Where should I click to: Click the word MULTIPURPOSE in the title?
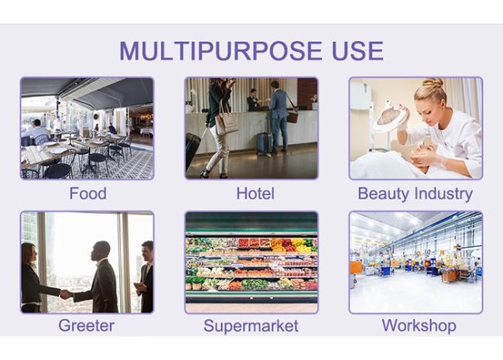coord(221,50)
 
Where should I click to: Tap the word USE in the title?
coord(358,50)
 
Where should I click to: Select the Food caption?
coord(88,194)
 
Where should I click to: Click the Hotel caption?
coord(255,194)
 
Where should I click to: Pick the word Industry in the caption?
coord(443,194)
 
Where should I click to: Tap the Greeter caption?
coord(87,325)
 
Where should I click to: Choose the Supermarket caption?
coord(251,326)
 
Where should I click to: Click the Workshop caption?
coord(419,325)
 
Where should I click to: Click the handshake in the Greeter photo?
coord(66,294)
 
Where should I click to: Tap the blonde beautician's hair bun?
coord(433,83)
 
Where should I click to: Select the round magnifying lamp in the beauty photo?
coord(389,118)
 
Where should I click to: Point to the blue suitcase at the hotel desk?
coord(265,142)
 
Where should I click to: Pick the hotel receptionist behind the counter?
coord(253,100)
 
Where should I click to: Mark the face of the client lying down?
coord(426,153)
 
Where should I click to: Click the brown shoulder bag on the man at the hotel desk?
coord(293,116)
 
